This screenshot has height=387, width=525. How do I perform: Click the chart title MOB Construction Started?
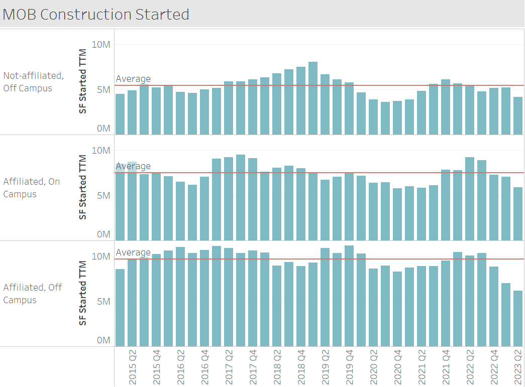coord(96,14)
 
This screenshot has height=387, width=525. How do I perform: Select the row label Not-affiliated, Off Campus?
coord(34,82)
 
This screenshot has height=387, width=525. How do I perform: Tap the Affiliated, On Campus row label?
coord(32,188)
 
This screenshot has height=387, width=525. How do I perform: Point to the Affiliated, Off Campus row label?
coord(33,294)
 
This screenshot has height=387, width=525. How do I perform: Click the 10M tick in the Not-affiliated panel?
coord(101,45)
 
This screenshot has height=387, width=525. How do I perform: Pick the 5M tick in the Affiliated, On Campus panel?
coord(101,195)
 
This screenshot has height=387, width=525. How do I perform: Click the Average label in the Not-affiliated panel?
coord(133,79)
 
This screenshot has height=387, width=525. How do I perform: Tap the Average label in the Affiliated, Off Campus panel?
coord(133,252)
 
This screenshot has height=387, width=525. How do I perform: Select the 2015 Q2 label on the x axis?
coord(133,368)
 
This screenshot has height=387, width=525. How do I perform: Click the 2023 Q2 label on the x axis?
coord(518,368)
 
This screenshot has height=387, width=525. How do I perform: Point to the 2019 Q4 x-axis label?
coord(349,368)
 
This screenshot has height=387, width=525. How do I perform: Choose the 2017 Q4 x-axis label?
coord(253,368)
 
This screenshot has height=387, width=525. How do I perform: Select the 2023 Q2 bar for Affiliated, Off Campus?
coord(518,318)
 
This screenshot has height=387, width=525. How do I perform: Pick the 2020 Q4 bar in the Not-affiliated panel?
coord(397,118)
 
